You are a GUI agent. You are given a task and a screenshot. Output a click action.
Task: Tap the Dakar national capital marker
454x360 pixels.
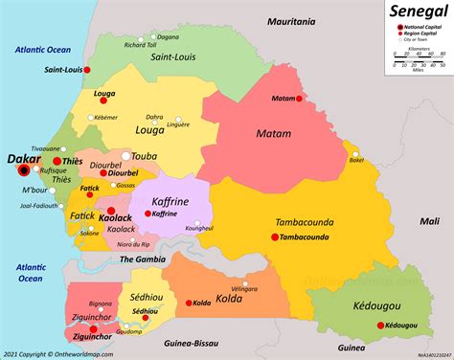pos(26,171)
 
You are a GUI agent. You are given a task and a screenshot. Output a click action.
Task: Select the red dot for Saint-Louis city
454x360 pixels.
pos(86,70)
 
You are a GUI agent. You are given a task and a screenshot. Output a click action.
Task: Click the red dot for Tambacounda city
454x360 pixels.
pos(276,236)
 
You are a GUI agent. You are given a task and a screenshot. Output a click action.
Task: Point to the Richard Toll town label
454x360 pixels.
pos(140,44)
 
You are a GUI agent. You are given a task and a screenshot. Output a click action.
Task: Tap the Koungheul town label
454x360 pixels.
pos(199,229)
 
